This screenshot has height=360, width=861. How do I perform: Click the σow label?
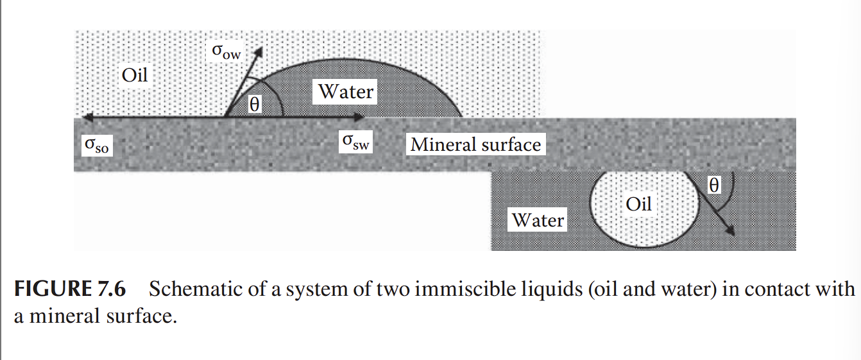click(226, 52)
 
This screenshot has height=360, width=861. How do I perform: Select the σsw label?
click(355, 142)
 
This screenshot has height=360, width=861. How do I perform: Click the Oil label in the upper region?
click(135, 75)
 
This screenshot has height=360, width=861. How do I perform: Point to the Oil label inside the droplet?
click(638, 204)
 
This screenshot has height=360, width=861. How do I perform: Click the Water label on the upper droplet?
click(346, 92)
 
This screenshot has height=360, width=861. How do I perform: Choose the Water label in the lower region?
click(538, 221)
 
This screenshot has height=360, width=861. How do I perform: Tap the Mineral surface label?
click(475, 144)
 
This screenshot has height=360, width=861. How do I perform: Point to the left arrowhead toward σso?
click(80, 117)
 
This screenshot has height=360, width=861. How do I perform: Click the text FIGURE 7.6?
click(70, 289)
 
